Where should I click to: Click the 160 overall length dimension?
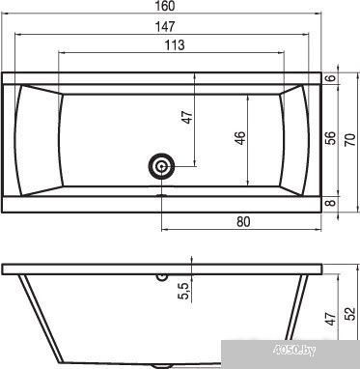[166, 6]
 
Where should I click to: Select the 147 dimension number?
[165, 26]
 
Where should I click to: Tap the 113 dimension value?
[175, 45]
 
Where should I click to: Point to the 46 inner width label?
[241, 138]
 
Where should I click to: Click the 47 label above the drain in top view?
[187, 117]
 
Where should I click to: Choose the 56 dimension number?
[332, 138]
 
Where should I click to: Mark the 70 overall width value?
[350, 140]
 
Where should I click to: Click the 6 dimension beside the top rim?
[332, 77]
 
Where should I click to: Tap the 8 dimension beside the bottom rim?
[332, 203]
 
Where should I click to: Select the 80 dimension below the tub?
[243, 222]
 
